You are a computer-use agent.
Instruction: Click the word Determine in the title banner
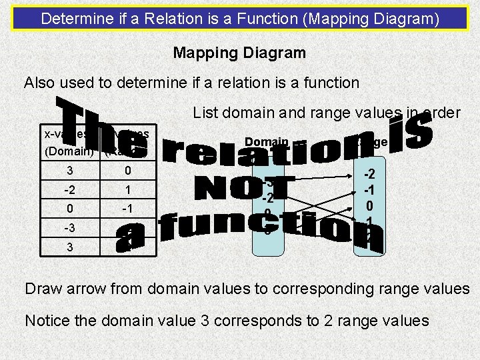(71, 18)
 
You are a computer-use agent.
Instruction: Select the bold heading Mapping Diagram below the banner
(239, 52)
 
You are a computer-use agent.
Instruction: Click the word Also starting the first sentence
(39, 83)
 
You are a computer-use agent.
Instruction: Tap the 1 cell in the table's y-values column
(127, 190)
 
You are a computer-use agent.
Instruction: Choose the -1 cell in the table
(127, 209)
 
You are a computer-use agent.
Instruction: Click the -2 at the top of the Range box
(369, 175)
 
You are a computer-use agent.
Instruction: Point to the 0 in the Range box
(369, 206)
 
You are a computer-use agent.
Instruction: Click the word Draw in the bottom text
(42, 289)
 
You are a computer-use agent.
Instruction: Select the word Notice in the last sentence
(47, 321)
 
